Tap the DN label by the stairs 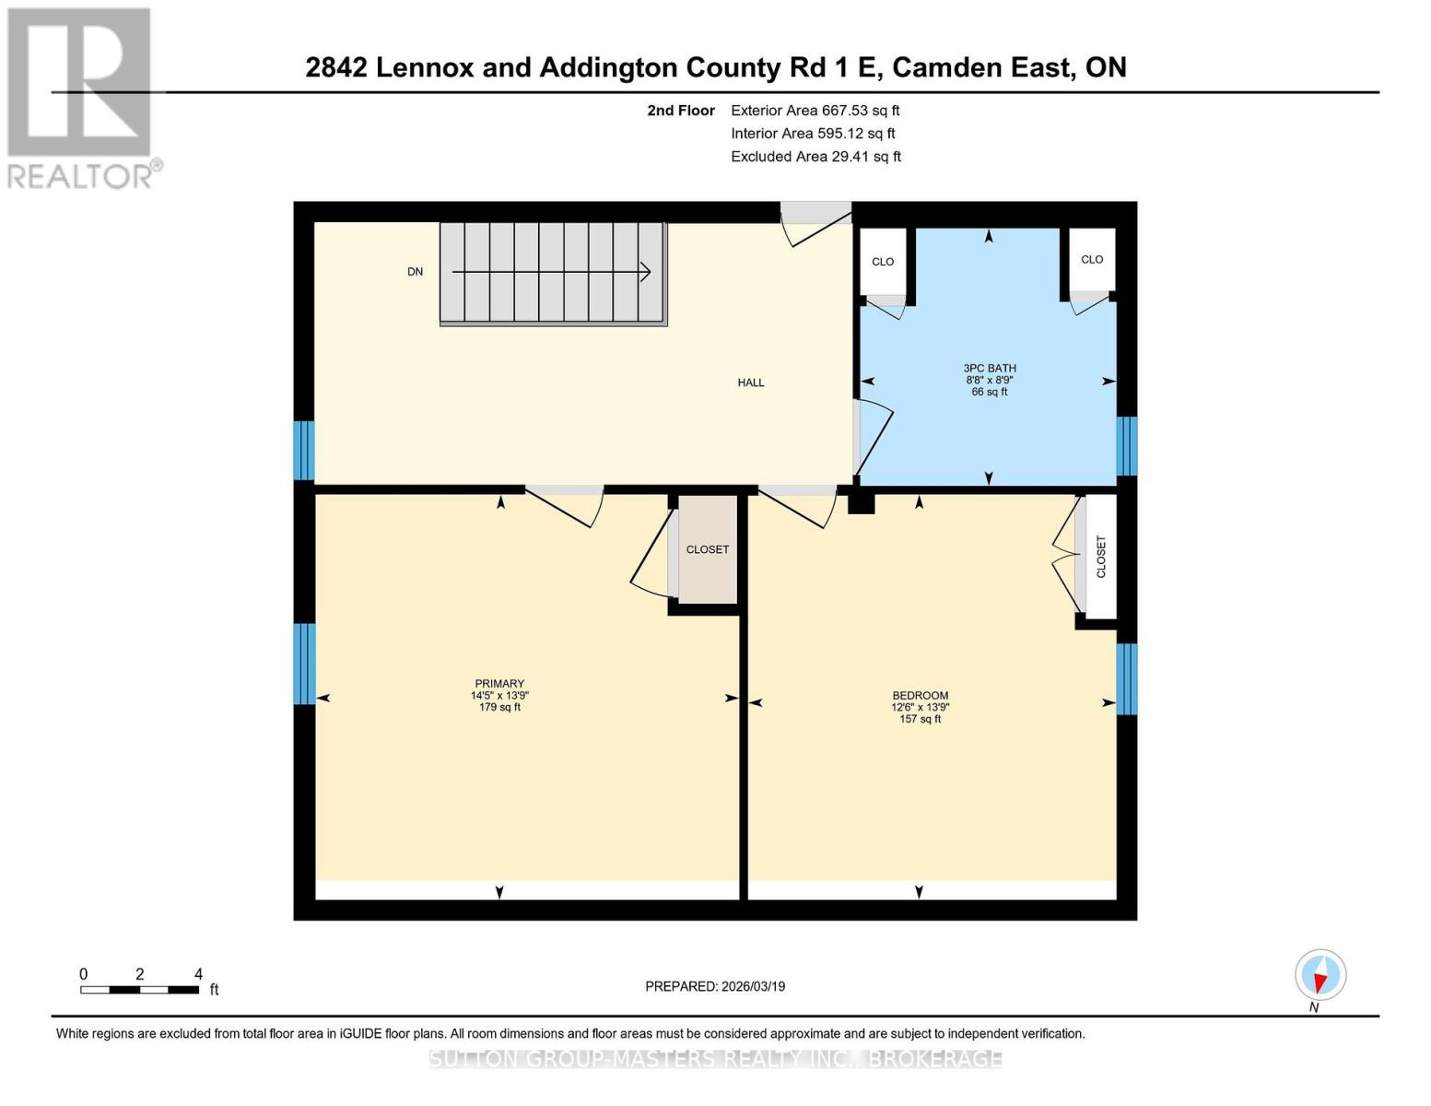(x=416, y=272)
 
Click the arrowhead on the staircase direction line (x=645, y=272)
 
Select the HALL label (x=751, y=382)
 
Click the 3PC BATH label (x=990, y=369)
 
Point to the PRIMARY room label (x=499, y=684)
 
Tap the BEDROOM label (x=920, y=696)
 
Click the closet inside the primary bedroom (x=708, y=549)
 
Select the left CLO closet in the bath (x=883, y=262)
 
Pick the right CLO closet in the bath (x=1092, y=260)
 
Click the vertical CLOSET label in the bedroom (x=1101, y=557)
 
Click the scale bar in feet (x=139, y=990)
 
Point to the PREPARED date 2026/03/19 (x=715, y=986)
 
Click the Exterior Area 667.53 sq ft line (x=815, y=111)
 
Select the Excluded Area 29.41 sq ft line (x=815, y=157)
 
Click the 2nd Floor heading (x=681, y=111)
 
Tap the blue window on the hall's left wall (x=304, y=451)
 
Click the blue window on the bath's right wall (x=1126, y=446)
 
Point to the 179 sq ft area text (x=499, y=708)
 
